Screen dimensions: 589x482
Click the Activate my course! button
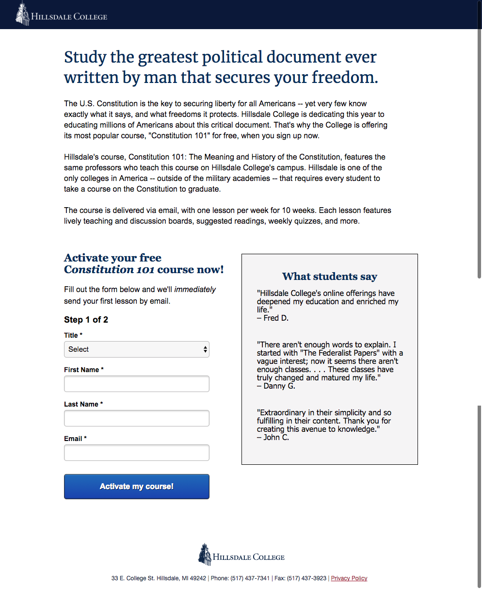(x=137, y=486)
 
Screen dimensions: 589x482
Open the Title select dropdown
(x=137, y=349)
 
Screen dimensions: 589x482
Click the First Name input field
(x=137, y=384)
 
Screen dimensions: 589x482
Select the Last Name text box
(x=137, y=418)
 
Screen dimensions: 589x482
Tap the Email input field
(x=137, y=453)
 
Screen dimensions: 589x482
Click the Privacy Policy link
(x=349, y=578)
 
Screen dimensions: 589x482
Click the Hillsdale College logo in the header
(x=62, y=15)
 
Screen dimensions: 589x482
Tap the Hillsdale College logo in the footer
(x=241, y=555)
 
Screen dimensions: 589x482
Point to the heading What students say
(x=330, y=277)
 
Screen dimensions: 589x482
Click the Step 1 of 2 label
(x=86, y=320)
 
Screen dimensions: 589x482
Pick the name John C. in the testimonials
(x=276, y=438)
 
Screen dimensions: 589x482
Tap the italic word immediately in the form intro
(x=195, y=290)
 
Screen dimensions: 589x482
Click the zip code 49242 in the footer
(x=198, y=578)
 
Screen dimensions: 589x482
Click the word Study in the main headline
(x=85, y=57)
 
